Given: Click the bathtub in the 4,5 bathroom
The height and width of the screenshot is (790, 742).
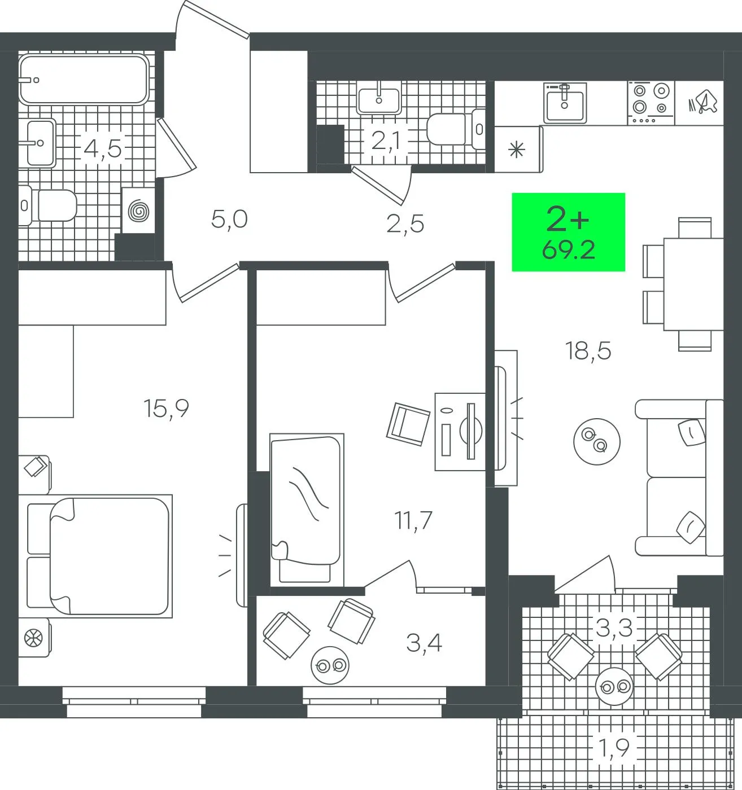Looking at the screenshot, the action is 84,80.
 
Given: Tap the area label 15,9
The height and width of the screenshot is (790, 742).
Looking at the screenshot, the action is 166,408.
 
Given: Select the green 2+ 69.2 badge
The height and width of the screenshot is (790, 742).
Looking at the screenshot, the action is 568,232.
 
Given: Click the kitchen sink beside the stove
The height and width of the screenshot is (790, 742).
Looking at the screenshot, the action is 565,103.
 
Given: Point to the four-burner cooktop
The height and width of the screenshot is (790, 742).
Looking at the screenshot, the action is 651,103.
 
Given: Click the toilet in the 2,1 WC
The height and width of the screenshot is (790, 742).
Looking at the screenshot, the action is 456,129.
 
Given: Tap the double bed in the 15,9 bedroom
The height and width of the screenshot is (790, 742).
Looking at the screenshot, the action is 99,556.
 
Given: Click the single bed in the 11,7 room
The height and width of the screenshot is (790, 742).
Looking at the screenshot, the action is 307,510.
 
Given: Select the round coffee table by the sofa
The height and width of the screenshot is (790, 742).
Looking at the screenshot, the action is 597,441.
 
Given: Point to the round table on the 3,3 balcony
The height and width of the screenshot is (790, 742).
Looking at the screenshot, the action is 614,687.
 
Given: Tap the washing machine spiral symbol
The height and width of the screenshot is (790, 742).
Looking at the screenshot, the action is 138,211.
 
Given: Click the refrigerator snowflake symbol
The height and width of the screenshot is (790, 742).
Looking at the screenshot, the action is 517,150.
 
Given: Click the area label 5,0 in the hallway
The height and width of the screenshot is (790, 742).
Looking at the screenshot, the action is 229,219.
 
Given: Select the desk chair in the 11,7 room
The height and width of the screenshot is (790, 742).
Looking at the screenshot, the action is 408,424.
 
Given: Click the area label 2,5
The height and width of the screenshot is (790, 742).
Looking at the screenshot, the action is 405,224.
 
